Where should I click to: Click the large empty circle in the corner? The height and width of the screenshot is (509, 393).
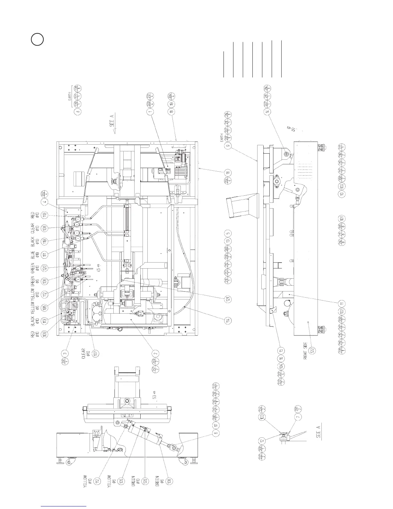tap(37, 40)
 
